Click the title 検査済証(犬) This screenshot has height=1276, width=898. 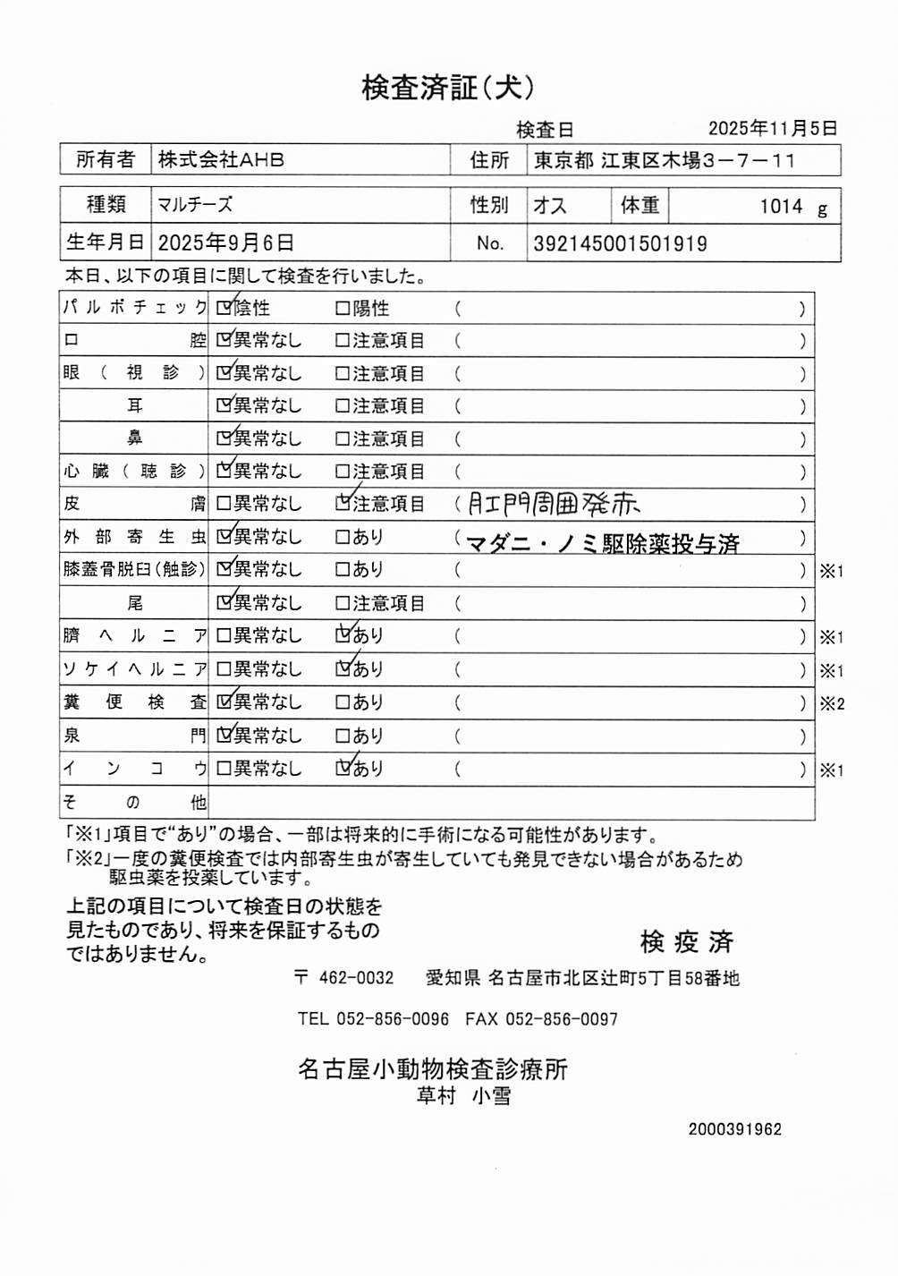(448, 88)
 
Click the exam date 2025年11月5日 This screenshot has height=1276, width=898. (773, 129)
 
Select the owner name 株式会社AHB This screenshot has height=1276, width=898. (221, 160)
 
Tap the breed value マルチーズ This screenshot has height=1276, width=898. (195, 205)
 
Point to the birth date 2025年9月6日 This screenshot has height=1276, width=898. (225, 243)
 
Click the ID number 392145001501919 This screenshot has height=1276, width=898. (620, 243)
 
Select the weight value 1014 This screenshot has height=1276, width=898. (781, 207)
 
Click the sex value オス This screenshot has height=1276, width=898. (550, 206)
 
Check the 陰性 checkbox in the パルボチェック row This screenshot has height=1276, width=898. (224, 309)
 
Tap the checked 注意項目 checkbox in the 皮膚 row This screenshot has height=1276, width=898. (343, 504)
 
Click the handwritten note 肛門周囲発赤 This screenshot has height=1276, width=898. (554, 505)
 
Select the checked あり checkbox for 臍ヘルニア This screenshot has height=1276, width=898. (343, 635)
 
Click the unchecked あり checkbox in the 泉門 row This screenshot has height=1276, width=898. (343, 736)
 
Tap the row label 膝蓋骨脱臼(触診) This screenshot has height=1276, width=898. (134, 569)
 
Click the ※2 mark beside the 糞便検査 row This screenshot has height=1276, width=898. (832, 703)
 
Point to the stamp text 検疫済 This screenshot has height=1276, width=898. (686, 941)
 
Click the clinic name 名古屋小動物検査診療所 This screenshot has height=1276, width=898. (433, 1069)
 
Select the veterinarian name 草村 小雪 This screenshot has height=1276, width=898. (463, 1096)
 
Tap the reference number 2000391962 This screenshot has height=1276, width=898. (734, 1129)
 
